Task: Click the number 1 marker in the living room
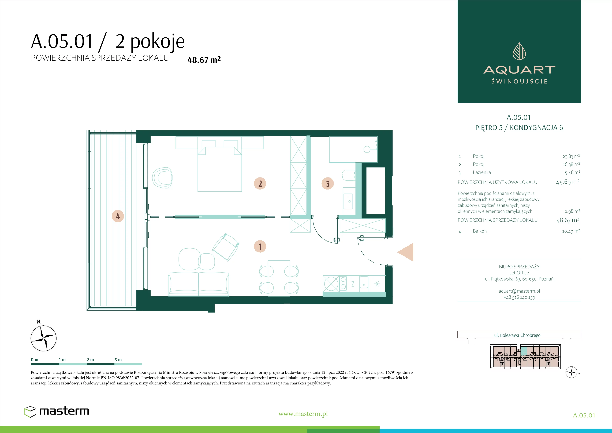(x=260, y=246)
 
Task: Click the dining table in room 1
(x=279, y=278)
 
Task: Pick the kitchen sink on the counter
(x=364, y=282)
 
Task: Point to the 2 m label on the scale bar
(x=90, y=360)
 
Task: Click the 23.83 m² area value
(x=571, y=156)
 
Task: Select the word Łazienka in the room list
(x=482, y=172)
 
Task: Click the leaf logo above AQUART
(x=519, y=51)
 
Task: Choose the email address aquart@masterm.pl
(x=519, y=291)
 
